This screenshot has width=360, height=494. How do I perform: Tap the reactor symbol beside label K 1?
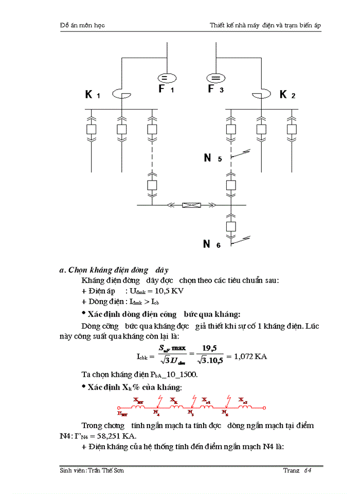click(x=121, y=94)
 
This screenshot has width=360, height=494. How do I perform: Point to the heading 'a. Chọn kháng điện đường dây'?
click(x=114, y=270)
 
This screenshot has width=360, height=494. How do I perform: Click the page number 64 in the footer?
click(x=308, y=470)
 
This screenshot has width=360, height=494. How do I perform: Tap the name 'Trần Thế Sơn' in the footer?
click(x=105, y=470)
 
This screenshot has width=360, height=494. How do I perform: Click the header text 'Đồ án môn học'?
click(x=82, y=25)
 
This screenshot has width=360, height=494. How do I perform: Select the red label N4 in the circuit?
click(x=156, y=412)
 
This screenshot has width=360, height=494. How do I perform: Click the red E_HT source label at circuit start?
click(x=122, y=413)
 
